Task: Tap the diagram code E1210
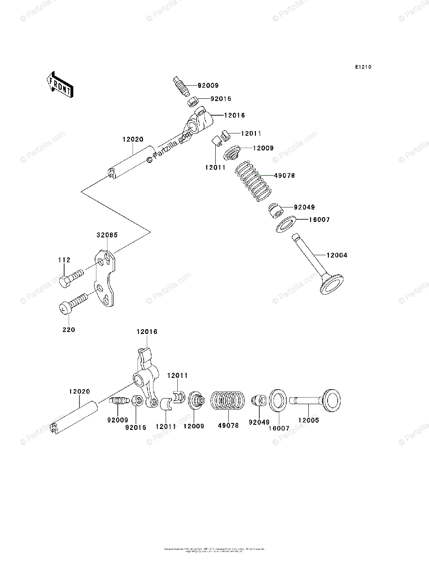click(363, 67)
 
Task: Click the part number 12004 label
click(337, 255)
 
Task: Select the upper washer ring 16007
click(284, 223)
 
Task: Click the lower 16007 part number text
click(279, 428)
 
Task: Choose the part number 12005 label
click(309, 421)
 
